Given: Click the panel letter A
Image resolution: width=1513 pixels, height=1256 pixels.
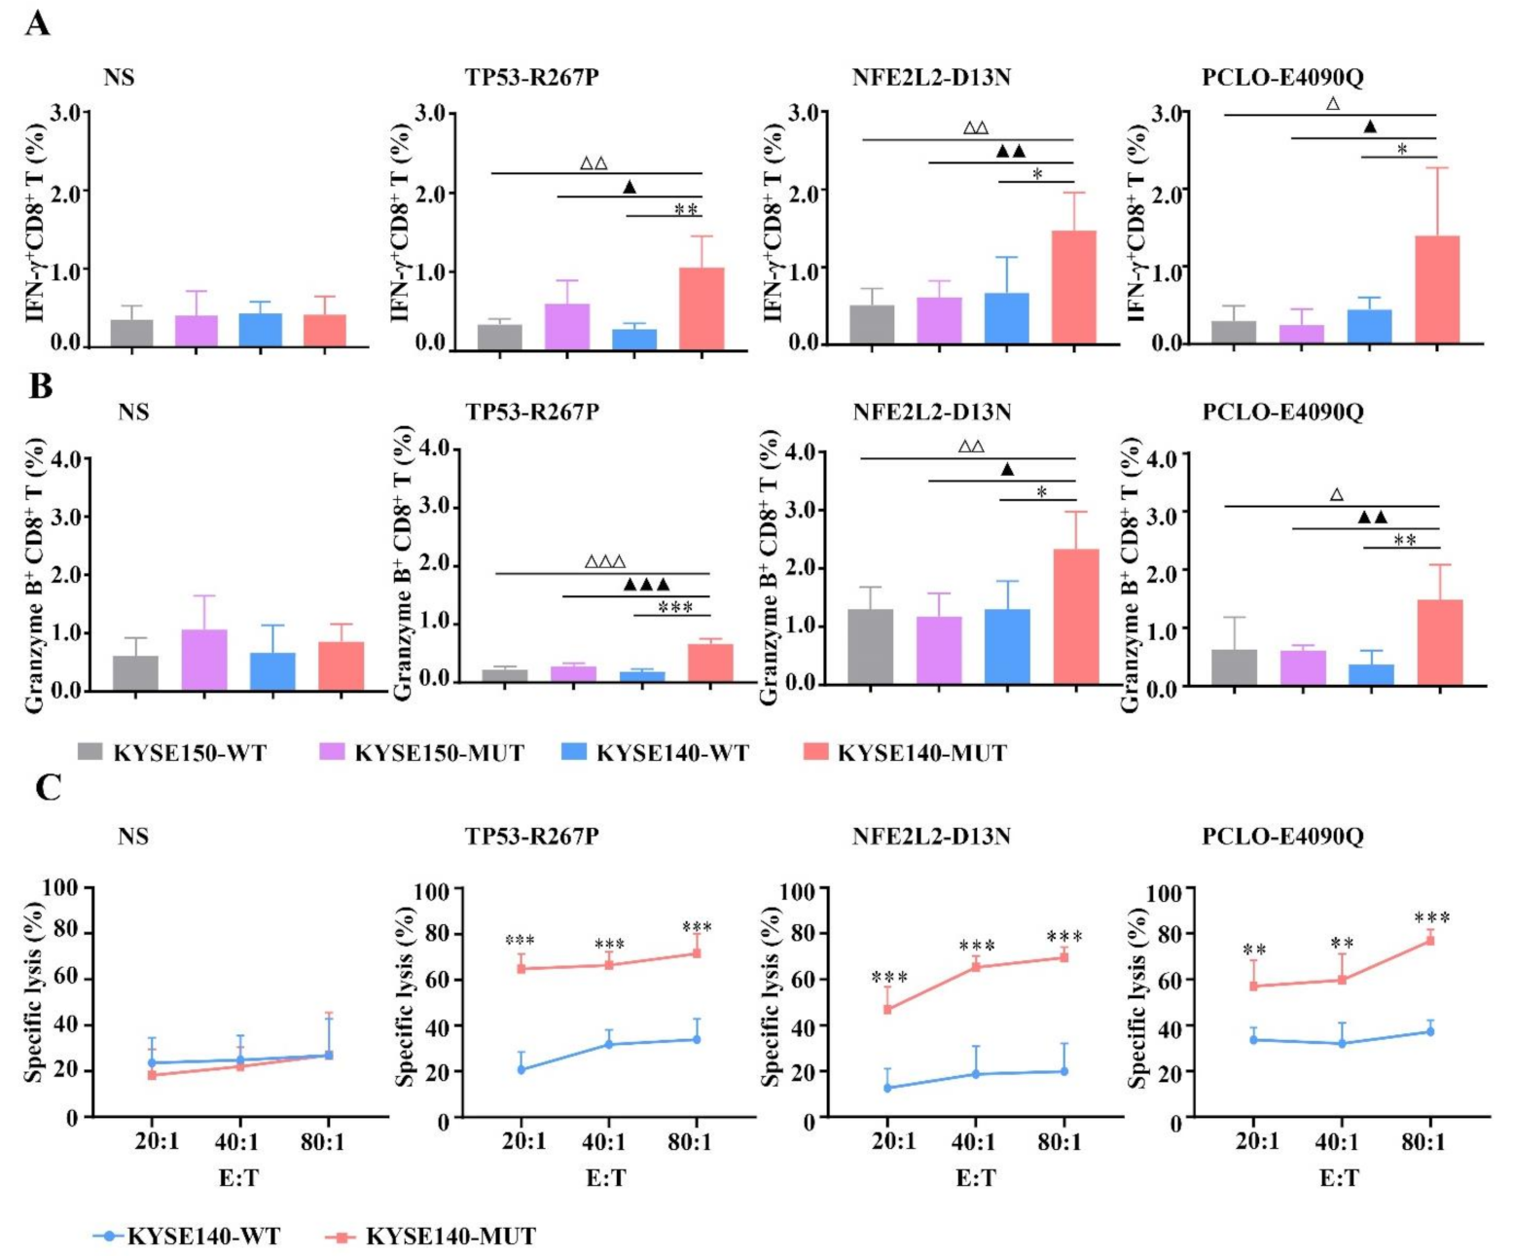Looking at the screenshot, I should coord(37,22).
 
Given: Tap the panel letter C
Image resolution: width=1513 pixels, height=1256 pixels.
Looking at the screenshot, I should coord(48,787).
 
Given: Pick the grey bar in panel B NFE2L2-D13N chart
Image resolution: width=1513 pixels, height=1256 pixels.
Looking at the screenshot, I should coord(871,646).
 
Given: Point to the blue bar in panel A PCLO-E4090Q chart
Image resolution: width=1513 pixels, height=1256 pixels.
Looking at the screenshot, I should coord(1369,327).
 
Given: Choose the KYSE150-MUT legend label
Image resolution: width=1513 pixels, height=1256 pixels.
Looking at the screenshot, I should coord(439,753).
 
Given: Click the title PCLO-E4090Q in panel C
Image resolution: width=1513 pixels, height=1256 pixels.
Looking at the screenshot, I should coord(1282,836).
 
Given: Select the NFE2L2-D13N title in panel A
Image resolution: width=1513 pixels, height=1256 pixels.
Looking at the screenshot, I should coord(931,77).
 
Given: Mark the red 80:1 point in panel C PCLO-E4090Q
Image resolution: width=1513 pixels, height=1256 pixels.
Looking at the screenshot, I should coord(1430,940).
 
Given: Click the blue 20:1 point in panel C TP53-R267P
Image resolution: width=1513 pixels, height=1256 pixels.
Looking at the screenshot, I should coord(522,1069).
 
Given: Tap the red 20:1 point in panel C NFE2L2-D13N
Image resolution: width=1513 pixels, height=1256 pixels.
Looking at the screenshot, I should coord(887,1009).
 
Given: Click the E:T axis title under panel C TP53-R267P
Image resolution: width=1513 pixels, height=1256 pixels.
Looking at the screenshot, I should coord(605,1178).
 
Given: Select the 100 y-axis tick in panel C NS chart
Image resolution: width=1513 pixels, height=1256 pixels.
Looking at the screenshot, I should coord(59,887).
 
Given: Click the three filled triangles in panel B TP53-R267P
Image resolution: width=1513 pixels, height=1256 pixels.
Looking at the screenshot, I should coord(646,585).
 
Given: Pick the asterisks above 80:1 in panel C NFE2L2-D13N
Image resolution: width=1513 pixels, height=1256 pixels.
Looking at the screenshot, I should coord(1064,938).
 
